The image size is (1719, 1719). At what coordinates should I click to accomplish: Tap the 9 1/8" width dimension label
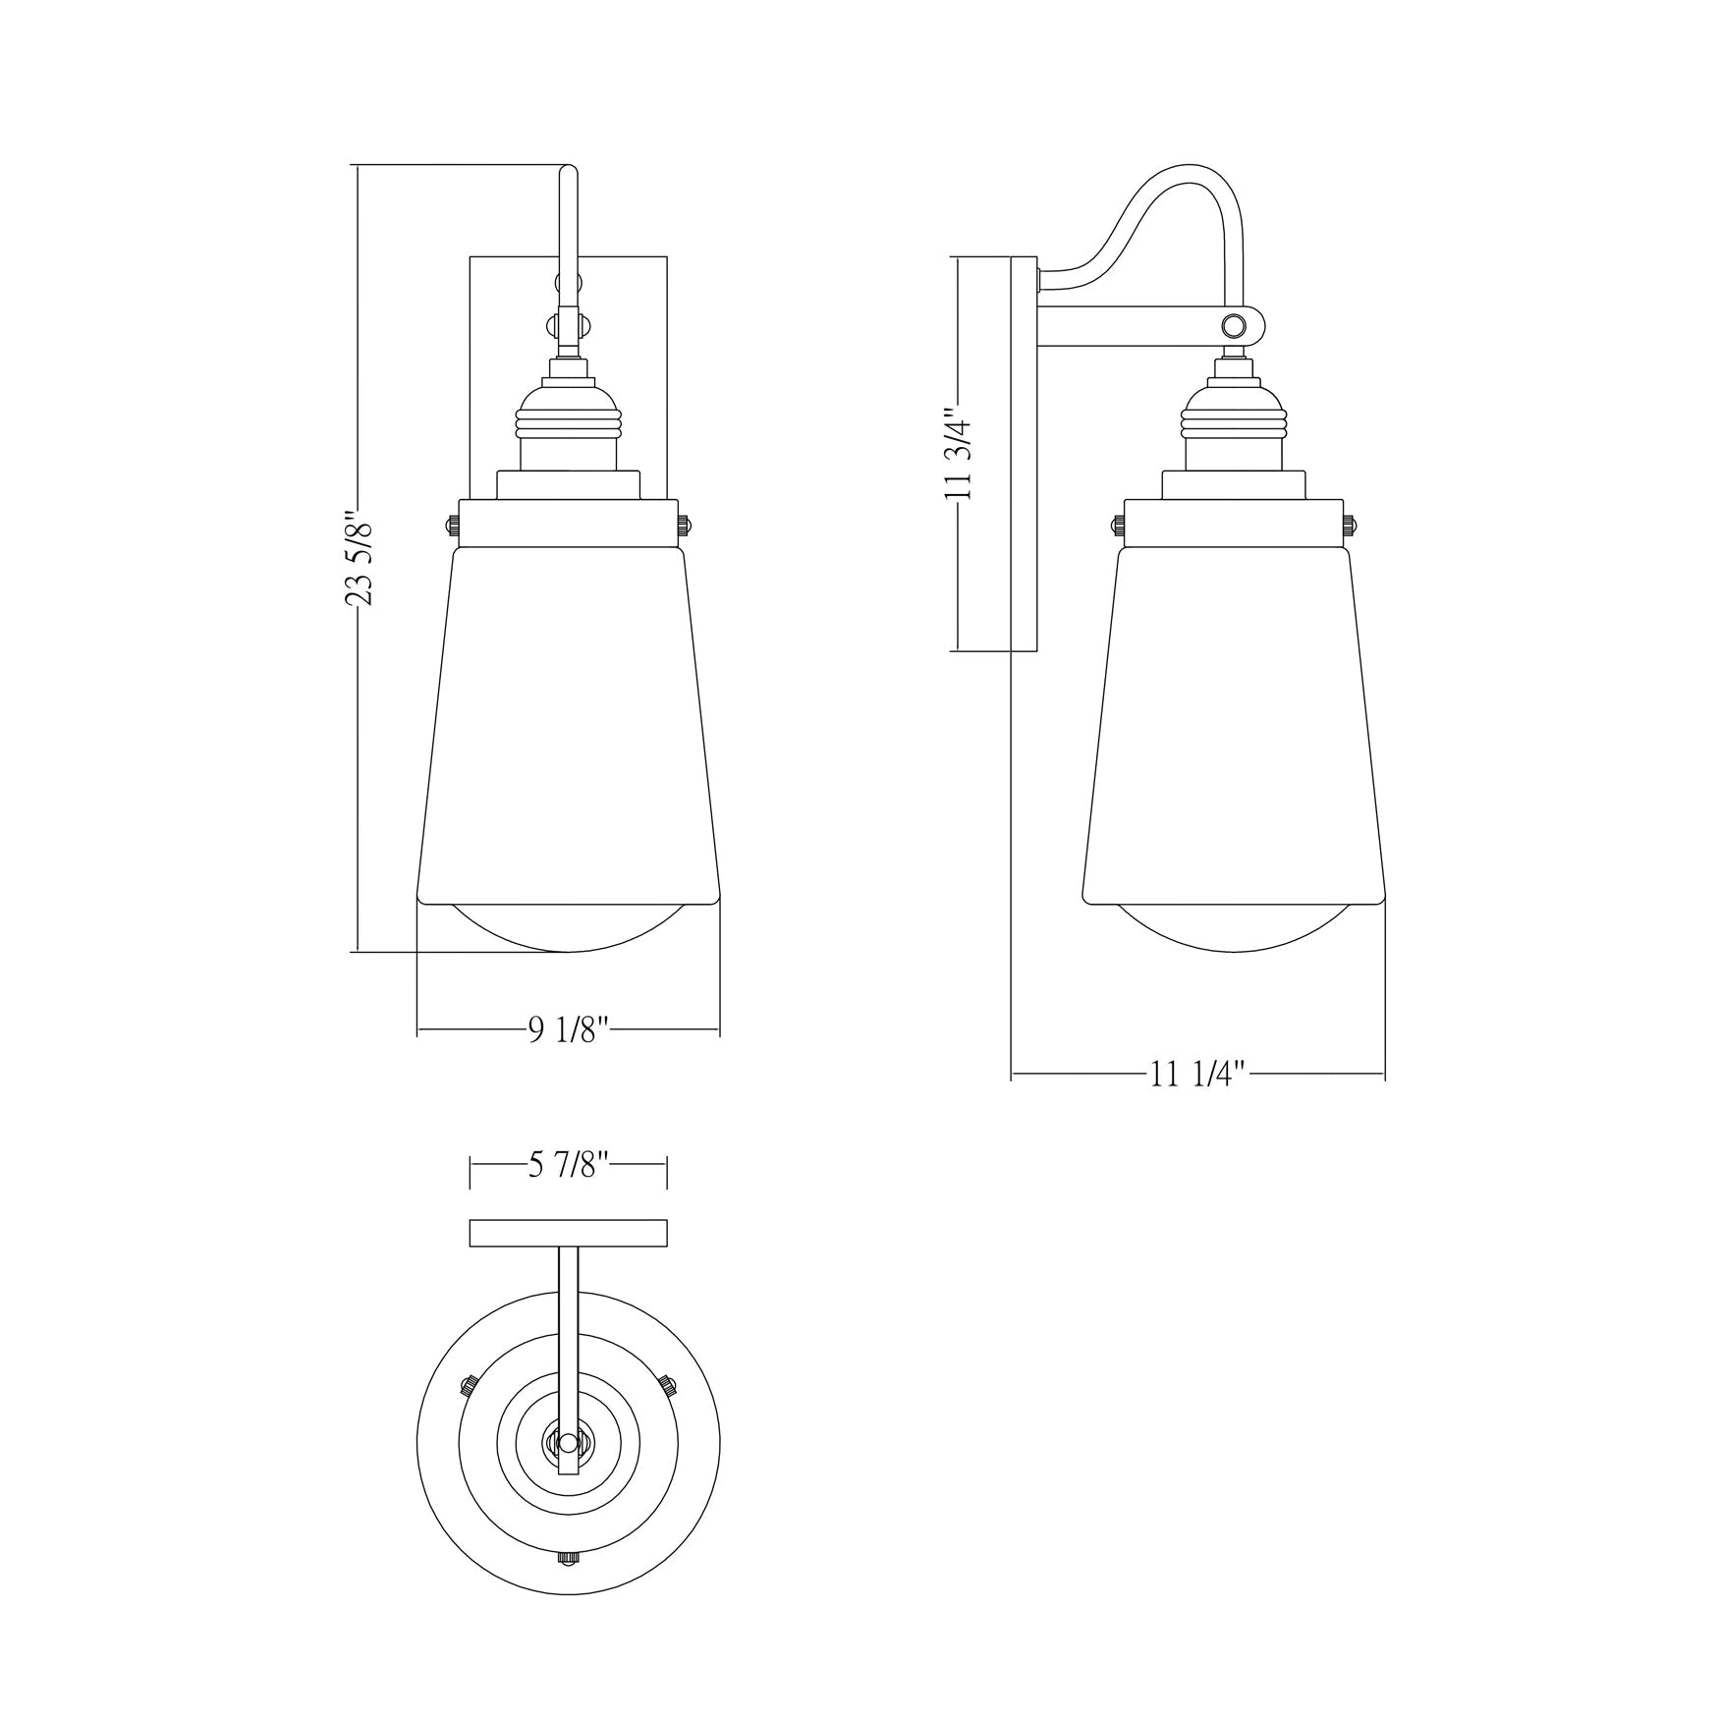point(571,1029)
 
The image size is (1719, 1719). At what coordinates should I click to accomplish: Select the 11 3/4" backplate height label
point(958,455)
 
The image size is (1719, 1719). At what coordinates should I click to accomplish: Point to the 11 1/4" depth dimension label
point(1197,1075)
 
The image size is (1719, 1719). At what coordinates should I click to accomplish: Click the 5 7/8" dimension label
point(571,1166)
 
